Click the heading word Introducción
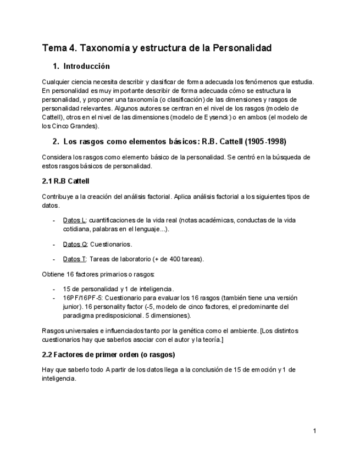pos(86,66)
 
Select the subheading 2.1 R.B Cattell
pos(64,181)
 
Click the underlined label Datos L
pos(74,220)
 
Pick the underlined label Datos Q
pos(75,244)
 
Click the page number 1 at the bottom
pos(314,431)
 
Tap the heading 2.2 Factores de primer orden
pos(108,354)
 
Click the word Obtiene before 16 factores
pos(53,274)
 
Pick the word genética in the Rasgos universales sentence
pos(184,331)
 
